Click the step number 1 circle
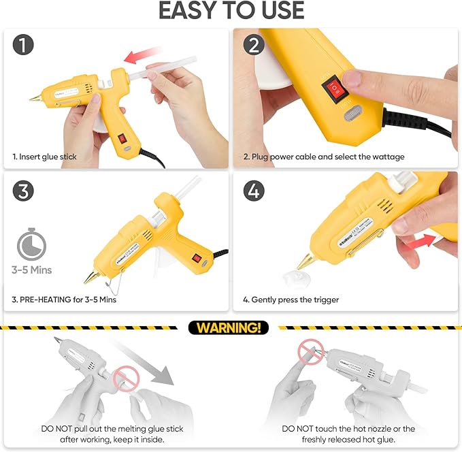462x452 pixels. click(x=24, y=46)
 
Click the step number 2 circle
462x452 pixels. click(x=253, y=46)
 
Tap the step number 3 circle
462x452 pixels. click(x=24, y=191)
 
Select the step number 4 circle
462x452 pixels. click(x=253, y=191)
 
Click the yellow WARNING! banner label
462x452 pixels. click(x=229, y=327)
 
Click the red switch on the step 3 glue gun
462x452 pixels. click(x=197, y=259)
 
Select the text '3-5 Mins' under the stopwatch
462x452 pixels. click(x=31, y=270)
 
